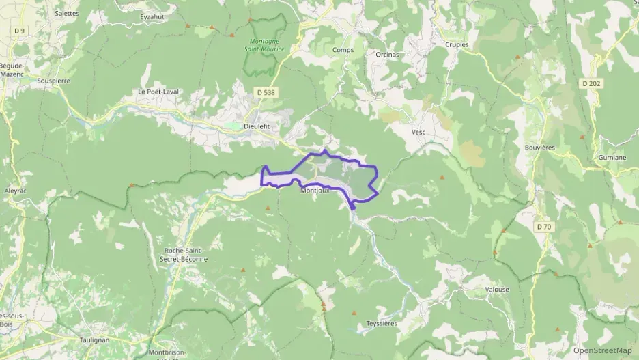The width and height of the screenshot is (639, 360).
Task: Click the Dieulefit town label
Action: click(x=257, y=126)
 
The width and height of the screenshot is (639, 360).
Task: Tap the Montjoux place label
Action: click(x=315, y=191)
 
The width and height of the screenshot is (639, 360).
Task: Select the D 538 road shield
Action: click(x=266, y=92)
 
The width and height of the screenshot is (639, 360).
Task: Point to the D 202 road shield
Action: click(x=592, y=83)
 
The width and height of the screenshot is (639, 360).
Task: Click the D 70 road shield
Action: click(x=544, y=226)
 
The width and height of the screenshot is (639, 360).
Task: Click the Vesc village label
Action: click(x=418, y=132)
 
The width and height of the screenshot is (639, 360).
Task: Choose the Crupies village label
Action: click(x=457, y=44)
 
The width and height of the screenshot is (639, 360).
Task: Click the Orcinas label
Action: click(x=387, y=54)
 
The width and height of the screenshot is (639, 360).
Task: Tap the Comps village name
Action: click(x=342, y=50)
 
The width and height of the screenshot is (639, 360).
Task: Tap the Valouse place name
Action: click(x=496, y=289)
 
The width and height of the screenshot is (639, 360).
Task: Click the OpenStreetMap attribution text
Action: click(x=603, y=350)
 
